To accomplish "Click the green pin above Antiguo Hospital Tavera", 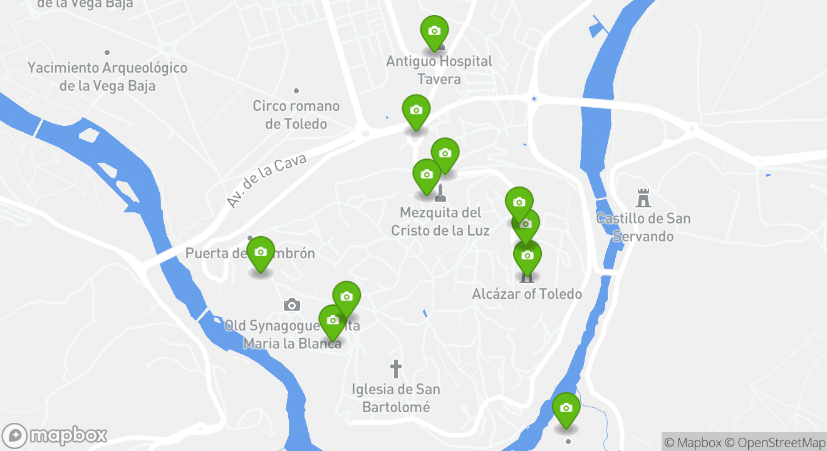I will point(434,31).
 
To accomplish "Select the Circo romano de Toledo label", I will point(296,115).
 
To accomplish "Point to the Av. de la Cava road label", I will point(266,180).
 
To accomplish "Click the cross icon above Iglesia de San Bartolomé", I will point(395,369).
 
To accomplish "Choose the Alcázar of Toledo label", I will point(527,294).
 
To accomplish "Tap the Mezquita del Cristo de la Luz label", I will point(440,222).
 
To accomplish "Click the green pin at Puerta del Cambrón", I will point(261,253).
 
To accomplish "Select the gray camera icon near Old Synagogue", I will point(291,305).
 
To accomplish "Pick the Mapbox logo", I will point(55,435).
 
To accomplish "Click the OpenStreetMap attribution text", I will point(781,442).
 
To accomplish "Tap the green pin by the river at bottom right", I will point(566,409).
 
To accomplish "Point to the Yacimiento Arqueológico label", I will point(107,76).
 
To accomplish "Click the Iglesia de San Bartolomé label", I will point(396,398).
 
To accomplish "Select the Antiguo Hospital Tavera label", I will point(439,70).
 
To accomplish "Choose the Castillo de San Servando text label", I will point(643,227).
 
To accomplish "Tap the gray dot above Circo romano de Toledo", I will point(296,91).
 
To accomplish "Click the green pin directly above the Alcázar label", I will point(527,256).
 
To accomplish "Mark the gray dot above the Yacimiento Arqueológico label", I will point(107,53).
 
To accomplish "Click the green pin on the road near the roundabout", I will point(415,111).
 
